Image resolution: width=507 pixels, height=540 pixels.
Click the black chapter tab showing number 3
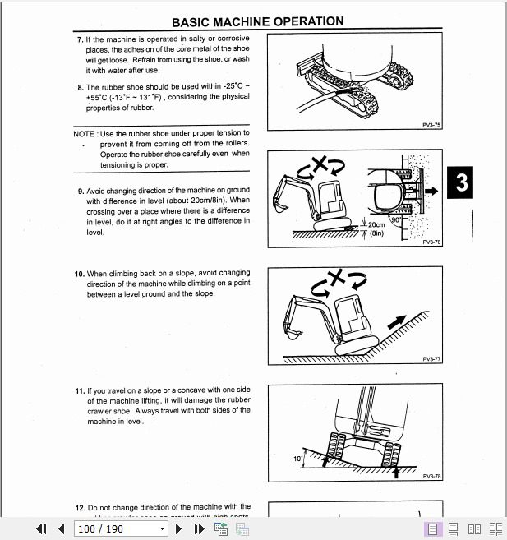click(462, 182)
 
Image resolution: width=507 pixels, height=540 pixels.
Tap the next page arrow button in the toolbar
click(178, 528)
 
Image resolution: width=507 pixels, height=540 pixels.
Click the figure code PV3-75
click(431, 126)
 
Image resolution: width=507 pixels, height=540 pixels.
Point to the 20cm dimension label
click(376, 224)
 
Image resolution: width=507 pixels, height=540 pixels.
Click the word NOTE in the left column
click(84, 133)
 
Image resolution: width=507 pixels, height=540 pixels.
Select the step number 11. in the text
click(80, 390)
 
